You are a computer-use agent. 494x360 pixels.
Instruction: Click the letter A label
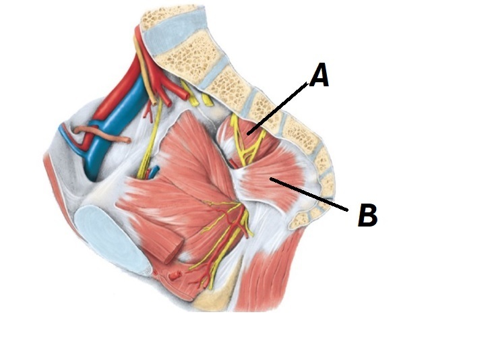point(319,76)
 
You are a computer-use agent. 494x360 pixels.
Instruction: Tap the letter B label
point(367,216)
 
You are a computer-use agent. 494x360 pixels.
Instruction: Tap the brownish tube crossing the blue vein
point(101,131)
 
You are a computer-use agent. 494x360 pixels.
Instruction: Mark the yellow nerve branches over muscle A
point(239,135)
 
